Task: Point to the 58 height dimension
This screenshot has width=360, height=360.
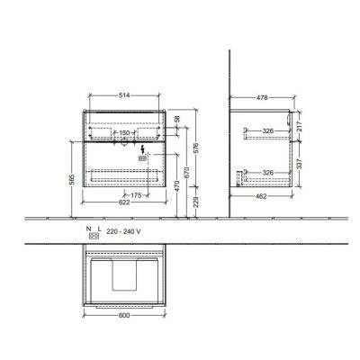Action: (178, 120)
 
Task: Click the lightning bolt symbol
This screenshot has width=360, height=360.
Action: (142, 148)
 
